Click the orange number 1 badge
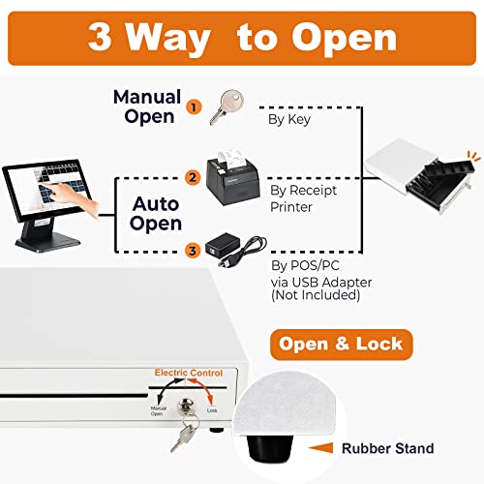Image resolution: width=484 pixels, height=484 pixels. coord(195,106)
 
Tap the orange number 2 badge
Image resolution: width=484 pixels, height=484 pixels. coord(193,177)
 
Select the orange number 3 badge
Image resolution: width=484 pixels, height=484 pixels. coord(193,252)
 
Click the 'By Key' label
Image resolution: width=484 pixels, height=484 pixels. coord(287,120)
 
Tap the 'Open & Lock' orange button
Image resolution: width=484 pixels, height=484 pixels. coord(342,344)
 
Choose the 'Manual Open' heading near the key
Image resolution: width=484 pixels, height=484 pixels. coord(147,106)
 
